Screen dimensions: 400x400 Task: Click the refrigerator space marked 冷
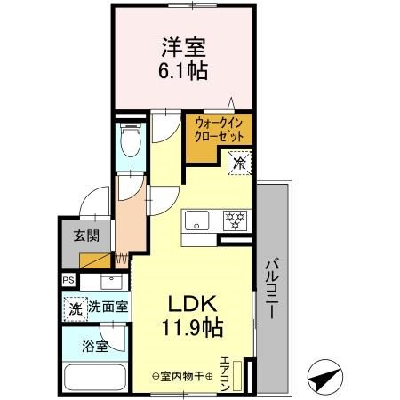tap(238, 162)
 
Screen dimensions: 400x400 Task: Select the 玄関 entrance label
tap(86, 237)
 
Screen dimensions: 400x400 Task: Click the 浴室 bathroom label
tap(96, 346)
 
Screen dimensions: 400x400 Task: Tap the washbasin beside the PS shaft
tap(110, 283)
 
